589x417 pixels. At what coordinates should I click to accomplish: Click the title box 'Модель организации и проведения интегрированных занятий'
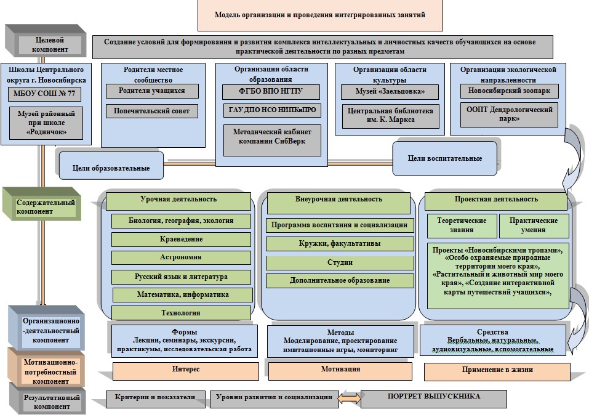320,15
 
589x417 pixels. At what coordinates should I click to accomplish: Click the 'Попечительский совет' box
152,111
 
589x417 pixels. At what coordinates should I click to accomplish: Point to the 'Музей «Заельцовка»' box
390,92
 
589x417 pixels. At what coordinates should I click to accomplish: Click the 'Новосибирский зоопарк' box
509,91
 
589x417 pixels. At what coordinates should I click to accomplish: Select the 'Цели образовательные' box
111,167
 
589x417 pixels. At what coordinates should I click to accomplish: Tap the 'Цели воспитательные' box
444,158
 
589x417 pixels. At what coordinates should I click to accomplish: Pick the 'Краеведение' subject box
181,239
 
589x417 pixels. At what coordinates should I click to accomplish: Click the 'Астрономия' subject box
181,257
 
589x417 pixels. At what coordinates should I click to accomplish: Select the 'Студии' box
340,262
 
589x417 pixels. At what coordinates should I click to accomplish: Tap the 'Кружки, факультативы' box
340,244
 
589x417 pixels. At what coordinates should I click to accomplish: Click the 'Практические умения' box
533,225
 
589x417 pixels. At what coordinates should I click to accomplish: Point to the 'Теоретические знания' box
462,225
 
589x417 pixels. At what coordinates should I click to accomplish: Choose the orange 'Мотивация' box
340,370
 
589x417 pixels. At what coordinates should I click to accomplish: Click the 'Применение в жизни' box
497,370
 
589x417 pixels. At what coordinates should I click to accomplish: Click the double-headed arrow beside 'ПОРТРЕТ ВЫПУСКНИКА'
350,398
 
